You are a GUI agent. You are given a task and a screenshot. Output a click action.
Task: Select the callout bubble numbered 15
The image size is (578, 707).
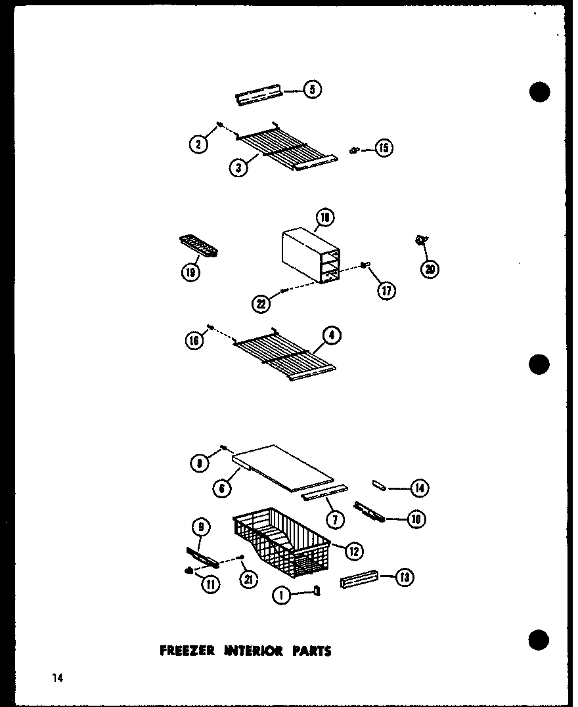click(x=384, y=148)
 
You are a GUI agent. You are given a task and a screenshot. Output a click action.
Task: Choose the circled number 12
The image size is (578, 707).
click(x=354, y=551)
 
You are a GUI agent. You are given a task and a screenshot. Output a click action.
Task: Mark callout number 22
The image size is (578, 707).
click(x=261, y=303)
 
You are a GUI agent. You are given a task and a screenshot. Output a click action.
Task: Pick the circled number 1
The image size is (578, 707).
click(x=281, y=595)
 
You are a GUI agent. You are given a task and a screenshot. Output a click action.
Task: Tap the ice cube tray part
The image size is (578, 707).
click(x=198, y=247)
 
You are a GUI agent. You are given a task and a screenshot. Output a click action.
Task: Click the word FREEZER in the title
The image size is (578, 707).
click(x=187, y=651)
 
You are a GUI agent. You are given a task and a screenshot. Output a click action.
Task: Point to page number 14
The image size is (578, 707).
click(x=58, y=678)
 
